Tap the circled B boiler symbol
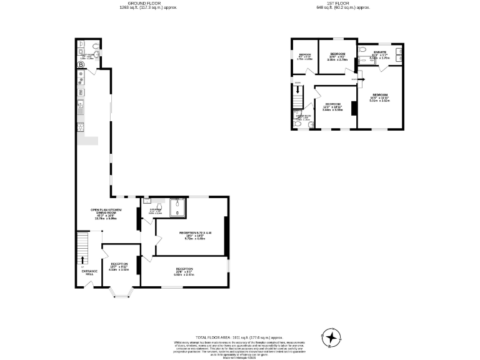click(80, 65)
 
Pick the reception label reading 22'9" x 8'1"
click(184, 272)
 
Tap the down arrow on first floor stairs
click(298, 91)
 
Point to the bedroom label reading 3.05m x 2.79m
click(337, 57)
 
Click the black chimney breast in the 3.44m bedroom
click(353, 108)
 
